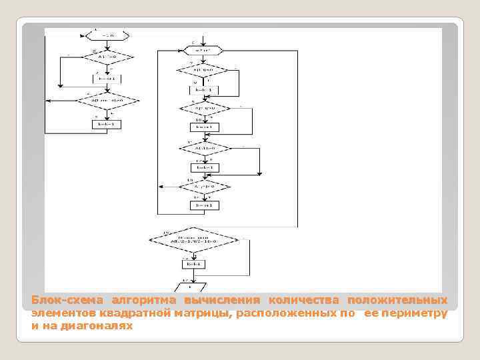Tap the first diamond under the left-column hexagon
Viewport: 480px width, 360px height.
coord(107,59)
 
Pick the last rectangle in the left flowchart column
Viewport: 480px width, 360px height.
coord(107,124)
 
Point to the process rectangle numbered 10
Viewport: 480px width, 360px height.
coord(203,127)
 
